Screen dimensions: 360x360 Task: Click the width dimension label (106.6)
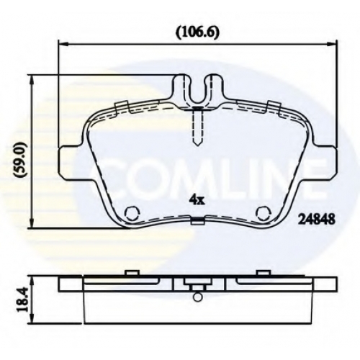[x=197, y=33]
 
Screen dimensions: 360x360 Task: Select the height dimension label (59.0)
[x=20, y=160]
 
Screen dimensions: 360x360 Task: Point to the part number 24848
[x=316, y=219]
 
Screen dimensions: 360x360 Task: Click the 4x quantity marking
[x=197, y=201]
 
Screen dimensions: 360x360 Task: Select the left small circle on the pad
[x=132, y=213]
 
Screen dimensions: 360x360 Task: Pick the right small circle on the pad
[x=264, y=213]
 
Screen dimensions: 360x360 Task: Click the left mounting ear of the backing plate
[x=71, y=163]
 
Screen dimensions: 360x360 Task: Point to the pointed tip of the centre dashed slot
[x=197, y=146]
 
